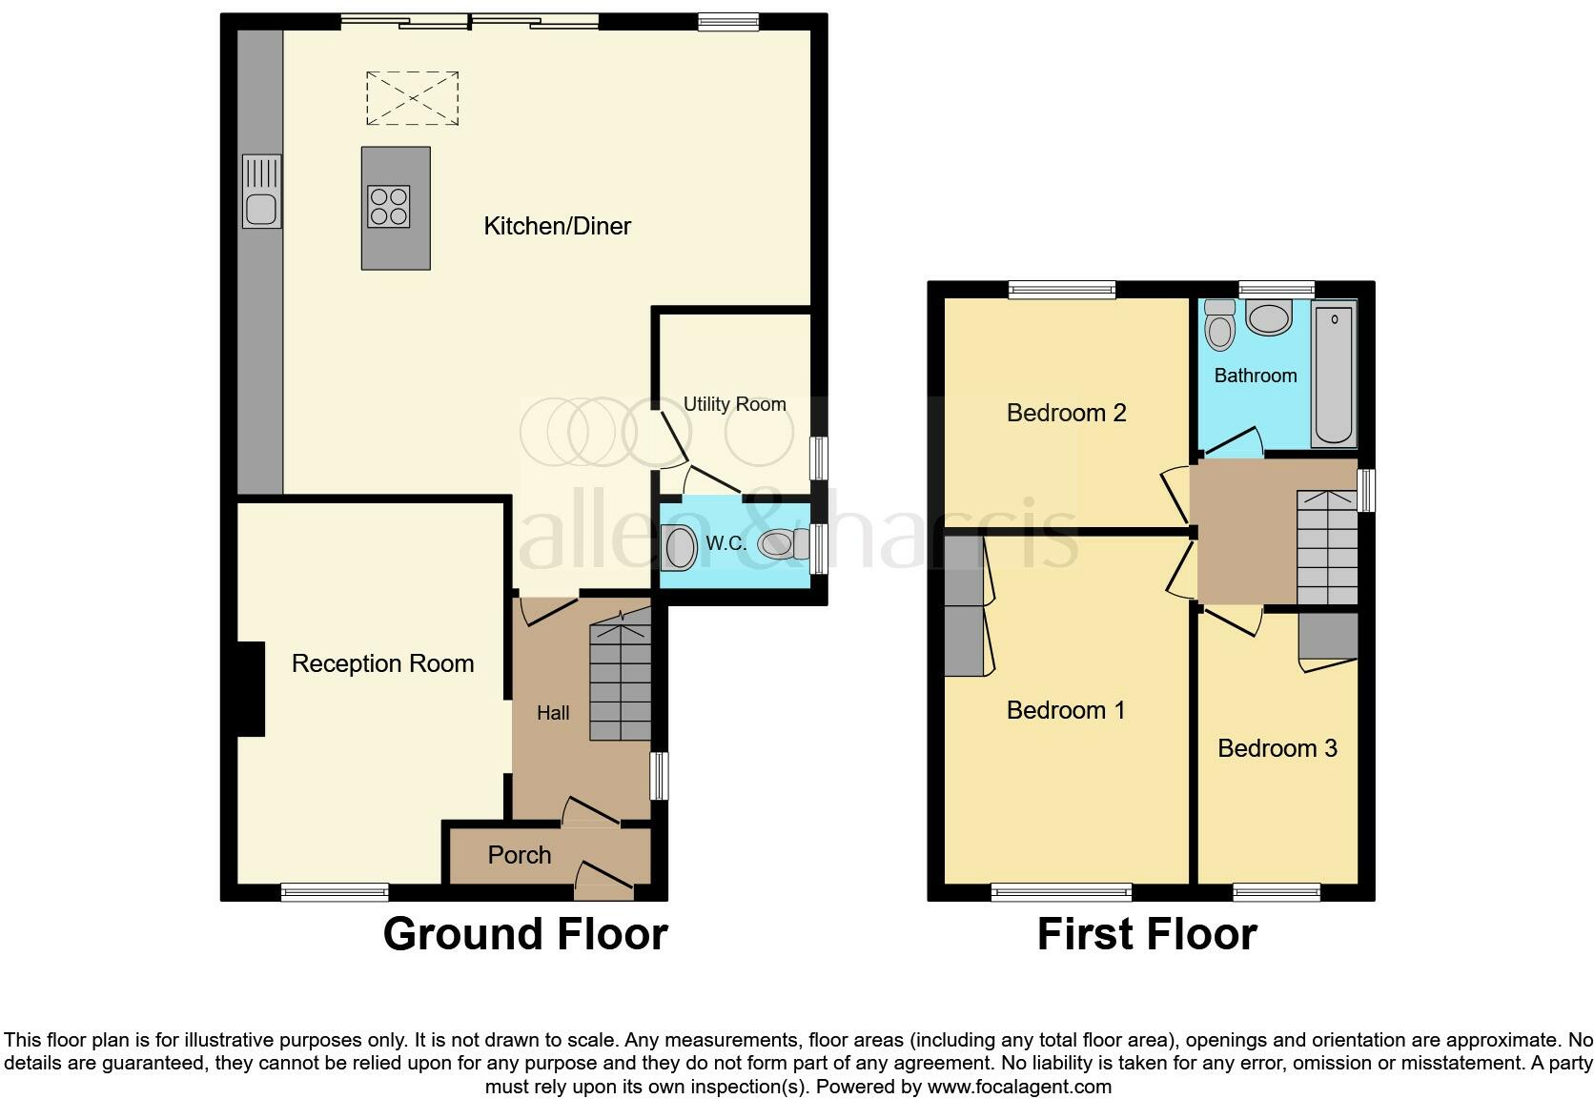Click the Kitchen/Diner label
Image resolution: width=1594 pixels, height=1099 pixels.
coord(557,226)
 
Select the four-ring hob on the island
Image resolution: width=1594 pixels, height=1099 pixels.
coord(389,207)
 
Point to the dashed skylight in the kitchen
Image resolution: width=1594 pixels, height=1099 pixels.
coord(412,98)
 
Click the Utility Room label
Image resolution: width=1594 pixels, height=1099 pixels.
coord(734,404)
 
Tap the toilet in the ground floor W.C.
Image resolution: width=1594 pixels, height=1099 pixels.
coord(776,545)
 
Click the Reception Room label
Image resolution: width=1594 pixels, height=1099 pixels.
coord(382,663)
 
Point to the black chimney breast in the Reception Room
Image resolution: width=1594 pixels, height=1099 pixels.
coord(250,688)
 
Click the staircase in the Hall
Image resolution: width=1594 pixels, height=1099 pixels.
coord(620,681)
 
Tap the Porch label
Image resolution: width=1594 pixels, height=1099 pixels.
coord(519,855)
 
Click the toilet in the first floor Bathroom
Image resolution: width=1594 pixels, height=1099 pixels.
coord(1219,326)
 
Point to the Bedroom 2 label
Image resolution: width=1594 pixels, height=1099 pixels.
coord(1066,413)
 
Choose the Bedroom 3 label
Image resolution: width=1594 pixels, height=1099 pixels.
coord(1277,748)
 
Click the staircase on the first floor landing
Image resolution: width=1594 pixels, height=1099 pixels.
coord(1326,548)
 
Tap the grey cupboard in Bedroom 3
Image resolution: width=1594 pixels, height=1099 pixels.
coord(1328,636)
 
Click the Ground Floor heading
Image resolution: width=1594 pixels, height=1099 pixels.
coord(524,934)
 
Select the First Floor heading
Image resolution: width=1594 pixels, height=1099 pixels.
coord(1146,934)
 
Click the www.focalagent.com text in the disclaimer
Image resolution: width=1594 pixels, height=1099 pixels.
coord(1019,1087)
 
